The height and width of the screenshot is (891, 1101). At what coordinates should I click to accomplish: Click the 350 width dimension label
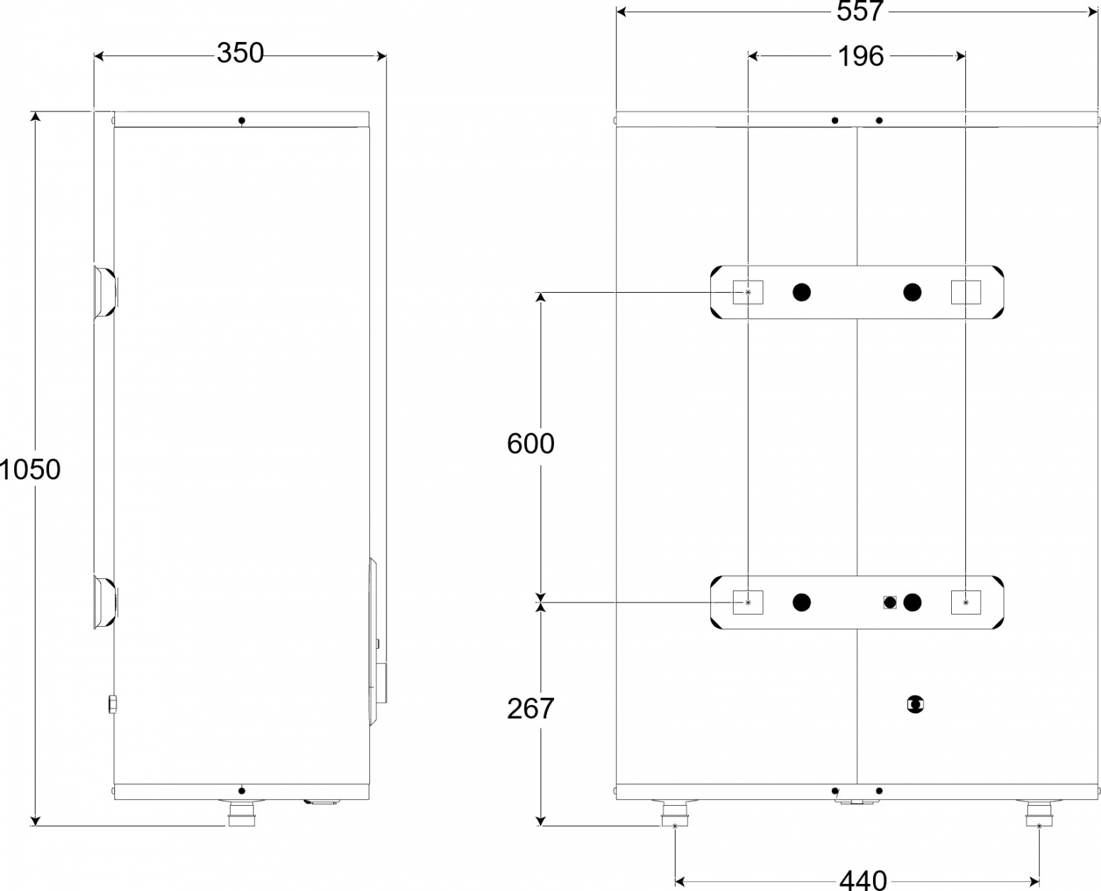tap(240, 53)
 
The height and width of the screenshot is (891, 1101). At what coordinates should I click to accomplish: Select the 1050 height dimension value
tap(30, 470)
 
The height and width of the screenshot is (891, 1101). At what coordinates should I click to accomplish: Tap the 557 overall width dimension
tap(860, 11)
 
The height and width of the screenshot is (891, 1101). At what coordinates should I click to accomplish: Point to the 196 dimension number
tap(861, 56)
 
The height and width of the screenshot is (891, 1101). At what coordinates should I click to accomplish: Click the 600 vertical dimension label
tap(531, 443)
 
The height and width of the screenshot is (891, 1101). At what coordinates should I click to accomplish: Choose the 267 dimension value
tap(531, 708)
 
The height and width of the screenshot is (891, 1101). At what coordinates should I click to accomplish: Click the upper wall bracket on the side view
tap(105, 292)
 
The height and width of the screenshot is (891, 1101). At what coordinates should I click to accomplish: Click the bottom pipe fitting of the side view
tap(242, 814)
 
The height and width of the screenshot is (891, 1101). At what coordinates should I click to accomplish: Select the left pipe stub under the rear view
tap(675, 814)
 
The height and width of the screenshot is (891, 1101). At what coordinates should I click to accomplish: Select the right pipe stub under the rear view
tap(1039, 814)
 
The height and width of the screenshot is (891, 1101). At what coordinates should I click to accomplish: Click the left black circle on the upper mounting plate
tap(802, 292)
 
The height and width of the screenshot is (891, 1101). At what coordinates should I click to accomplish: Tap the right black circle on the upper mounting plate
tap(912, 292)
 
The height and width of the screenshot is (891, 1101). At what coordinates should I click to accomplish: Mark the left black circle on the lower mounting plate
tap(802, 603)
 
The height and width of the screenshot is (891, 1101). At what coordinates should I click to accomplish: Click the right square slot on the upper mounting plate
tap(966, 292)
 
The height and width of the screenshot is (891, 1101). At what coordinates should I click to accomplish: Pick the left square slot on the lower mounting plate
tap(748, 603)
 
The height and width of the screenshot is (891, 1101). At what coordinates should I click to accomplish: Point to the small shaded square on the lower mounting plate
tap(890, 603)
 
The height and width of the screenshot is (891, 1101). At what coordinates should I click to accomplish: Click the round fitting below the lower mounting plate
tap(916, 704)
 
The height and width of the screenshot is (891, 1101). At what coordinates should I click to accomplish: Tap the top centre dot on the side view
tap(242, 121)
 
